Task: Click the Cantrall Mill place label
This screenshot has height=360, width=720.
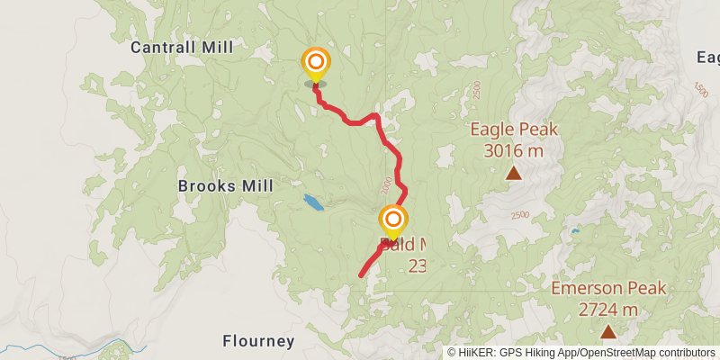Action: (181, 47)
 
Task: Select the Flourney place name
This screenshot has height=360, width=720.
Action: (258, 341)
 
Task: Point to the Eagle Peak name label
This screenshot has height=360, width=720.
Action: (514, 129)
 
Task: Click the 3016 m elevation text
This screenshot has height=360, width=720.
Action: (514, 150)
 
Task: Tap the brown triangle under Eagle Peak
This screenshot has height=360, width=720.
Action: (513, 173)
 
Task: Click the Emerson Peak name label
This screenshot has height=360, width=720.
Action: (608, 288)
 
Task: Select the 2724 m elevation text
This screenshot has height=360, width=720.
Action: (608, 310)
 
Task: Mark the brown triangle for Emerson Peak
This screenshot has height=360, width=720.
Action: (608, 332)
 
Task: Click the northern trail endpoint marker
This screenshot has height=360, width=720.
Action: (315, 62)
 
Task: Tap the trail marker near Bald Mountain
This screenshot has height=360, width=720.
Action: (393, 220)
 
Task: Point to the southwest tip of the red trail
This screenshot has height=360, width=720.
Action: (361, 275)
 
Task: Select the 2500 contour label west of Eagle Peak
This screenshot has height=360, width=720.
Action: (475, 90)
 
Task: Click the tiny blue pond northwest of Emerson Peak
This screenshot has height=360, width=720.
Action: (573, 232)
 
